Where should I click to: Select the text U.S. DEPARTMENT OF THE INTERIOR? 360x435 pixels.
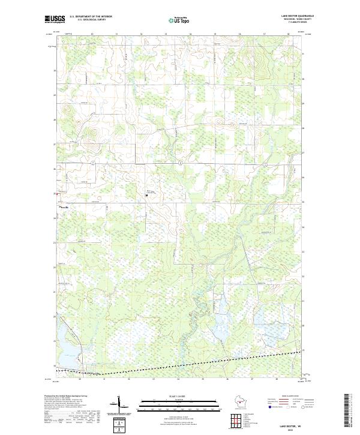91,17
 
